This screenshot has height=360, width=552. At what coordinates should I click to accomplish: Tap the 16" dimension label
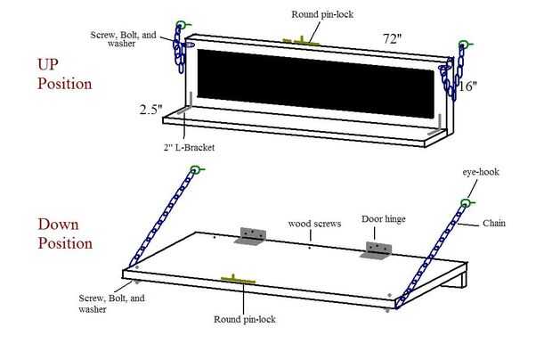[468, 86]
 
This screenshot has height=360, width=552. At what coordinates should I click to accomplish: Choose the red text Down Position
[64, 233]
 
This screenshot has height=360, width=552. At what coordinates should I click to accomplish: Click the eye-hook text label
[481, 170]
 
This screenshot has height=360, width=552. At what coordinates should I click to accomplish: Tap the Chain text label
[494, 223]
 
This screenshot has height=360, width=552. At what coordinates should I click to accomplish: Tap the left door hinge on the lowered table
[250, 236]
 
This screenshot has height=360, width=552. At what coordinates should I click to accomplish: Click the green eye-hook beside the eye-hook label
[466, 204]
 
